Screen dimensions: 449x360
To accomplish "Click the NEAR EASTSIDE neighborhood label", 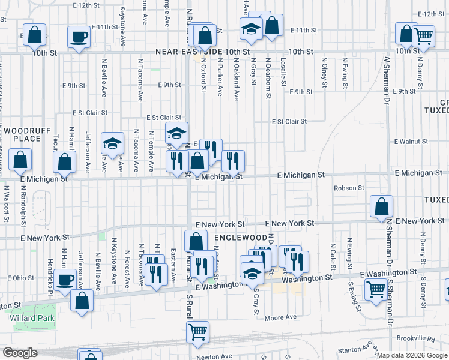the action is tap(188, 52).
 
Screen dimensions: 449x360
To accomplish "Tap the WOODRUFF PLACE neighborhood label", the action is tap(22, 134).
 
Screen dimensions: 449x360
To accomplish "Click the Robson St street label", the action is tap(349, 188).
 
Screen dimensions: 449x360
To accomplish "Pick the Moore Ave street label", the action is tap(280, 317).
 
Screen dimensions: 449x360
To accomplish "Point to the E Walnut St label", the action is tap(411, 142).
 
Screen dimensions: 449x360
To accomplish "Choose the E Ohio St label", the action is tap(21, 278).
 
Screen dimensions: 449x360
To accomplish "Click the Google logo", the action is tap(20, 353).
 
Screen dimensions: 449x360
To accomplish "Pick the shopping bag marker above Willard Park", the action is tap(82, 299).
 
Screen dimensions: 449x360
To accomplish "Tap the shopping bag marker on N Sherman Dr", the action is tap(381, 206).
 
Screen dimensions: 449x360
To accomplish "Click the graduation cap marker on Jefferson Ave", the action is tap(112, 143).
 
